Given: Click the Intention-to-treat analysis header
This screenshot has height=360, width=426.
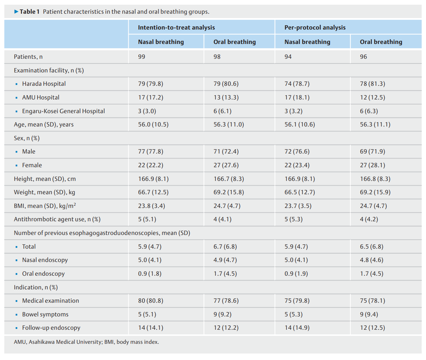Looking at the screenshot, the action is [176, 27].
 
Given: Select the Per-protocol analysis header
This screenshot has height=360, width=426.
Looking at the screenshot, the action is [315, 27].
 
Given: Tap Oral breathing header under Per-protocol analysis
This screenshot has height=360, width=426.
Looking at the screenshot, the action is [381, 42].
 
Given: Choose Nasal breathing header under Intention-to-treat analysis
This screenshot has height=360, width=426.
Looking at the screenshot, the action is [161, 42].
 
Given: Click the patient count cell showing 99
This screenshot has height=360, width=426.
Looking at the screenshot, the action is [142, 57].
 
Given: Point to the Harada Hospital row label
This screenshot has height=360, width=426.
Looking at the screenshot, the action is [44, 84].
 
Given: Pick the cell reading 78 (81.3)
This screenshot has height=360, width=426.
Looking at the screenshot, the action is [372, 84].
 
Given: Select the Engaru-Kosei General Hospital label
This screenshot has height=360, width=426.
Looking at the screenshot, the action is [63, 111].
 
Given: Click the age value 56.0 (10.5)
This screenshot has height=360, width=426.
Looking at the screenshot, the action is [153, 124].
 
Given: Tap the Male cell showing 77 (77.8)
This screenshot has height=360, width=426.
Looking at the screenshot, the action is [151, 152].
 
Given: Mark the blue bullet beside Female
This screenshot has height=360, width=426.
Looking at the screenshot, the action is [16, 165].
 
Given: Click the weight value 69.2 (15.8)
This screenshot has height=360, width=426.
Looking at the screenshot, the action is [229, 192].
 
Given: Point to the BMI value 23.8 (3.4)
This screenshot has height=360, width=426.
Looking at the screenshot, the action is [151, 206].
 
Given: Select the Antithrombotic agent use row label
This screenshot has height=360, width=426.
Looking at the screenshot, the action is [57, 219].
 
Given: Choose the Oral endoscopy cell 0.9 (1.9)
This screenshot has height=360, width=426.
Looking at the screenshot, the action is [296, 274].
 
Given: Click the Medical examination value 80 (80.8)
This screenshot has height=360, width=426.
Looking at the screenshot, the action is [151, 301].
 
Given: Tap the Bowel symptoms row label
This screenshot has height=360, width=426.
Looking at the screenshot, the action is [45, 314].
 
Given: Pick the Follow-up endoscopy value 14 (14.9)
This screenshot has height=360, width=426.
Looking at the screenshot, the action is [297, 328].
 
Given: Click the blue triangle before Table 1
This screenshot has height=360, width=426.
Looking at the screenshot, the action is [16, 12].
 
